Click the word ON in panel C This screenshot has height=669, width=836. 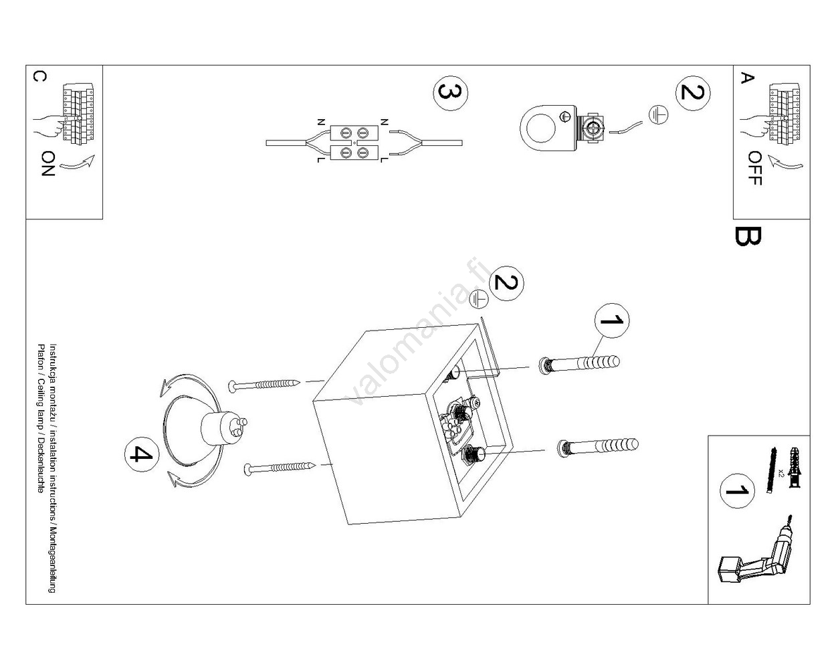click(x=47, y=163)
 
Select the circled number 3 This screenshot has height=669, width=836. click(x=450, y=93)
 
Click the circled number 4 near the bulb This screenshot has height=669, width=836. click(x=141, y=455)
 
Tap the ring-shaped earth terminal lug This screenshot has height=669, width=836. click(x=547, y=126)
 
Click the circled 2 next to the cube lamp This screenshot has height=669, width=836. click(x=506, y=284)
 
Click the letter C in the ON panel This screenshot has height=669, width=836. click(x=39, y=76)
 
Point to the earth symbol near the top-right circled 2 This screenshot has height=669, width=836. click(x=657, y=116)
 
